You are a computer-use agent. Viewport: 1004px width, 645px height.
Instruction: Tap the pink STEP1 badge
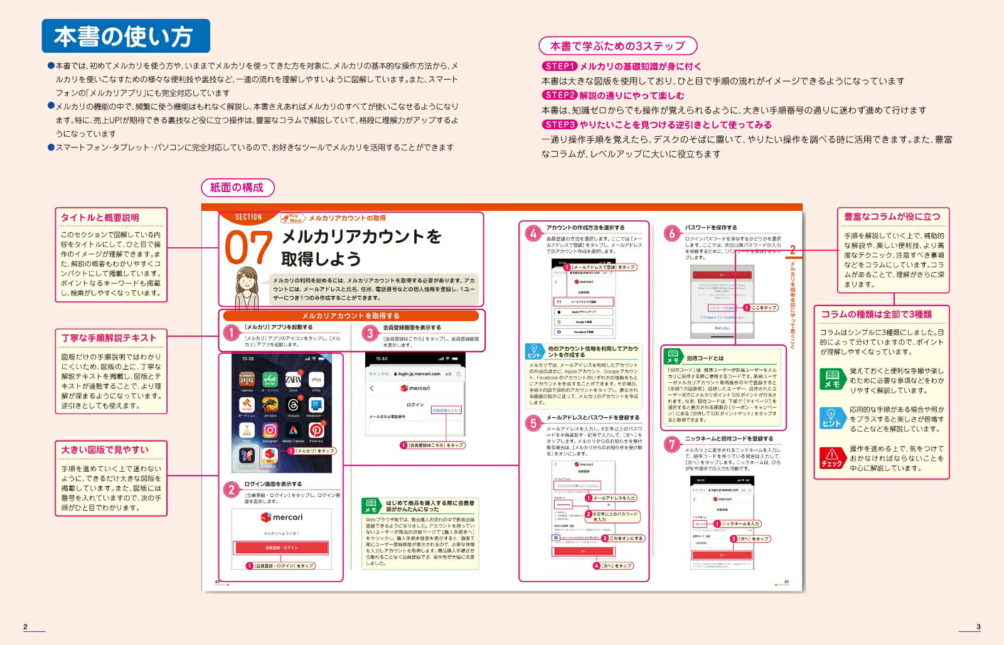559,66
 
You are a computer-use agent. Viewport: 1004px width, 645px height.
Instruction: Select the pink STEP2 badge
559,95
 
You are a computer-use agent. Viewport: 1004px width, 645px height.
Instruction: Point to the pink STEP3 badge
559,125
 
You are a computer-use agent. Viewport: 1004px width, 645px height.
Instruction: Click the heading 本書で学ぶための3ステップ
617,46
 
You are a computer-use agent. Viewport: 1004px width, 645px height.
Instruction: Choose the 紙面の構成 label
237,188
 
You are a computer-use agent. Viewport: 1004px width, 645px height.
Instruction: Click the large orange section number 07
248,248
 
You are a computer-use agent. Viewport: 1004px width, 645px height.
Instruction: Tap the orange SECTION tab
248,217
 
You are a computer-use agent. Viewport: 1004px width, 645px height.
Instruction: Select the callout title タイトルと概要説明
100,218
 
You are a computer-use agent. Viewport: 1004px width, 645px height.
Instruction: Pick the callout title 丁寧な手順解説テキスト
109,338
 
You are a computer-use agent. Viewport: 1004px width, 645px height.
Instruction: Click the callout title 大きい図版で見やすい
105,450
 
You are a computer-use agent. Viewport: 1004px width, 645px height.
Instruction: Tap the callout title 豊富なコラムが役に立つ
892,216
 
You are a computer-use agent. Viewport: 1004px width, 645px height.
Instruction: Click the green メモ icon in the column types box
832,378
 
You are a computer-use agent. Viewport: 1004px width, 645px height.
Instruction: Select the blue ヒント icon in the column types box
832,417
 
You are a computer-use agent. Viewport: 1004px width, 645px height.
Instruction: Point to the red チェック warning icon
832,457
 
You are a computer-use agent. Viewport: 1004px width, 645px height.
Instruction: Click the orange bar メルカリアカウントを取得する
350,316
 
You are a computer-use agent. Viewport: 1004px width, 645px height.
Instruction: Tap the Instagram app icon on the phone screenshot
270,430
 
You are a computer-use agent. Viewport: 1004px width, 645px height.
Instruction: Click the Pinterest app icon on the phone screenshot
316,430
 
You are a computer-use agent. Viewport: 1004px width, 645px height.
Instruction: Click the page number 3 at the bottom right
978,627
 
